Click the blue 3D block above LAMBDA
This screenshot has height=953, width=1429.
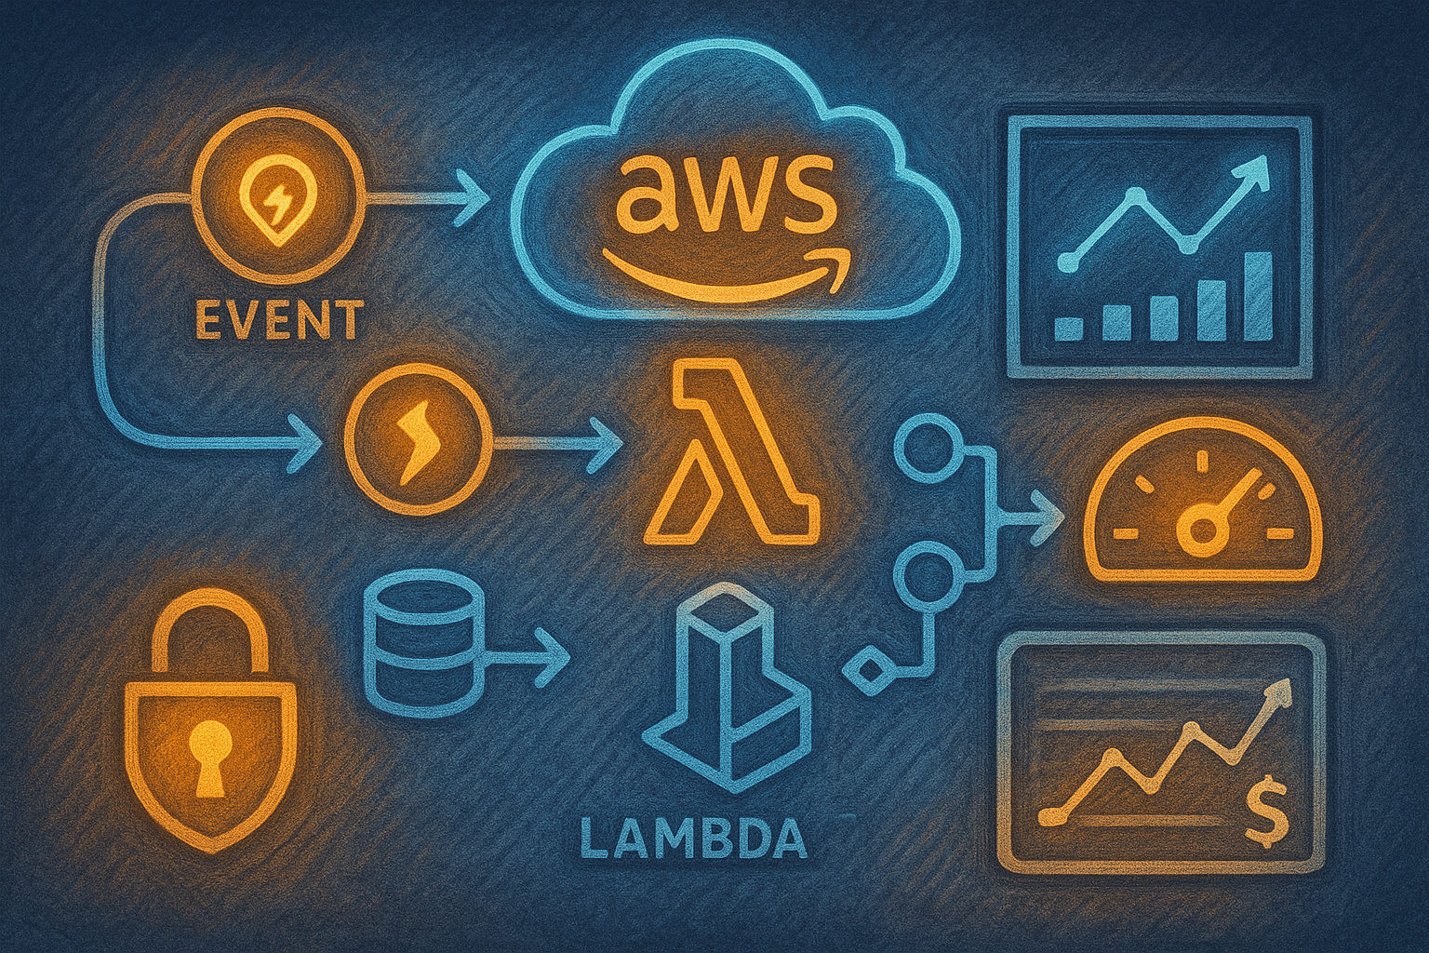coord(728,695)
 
